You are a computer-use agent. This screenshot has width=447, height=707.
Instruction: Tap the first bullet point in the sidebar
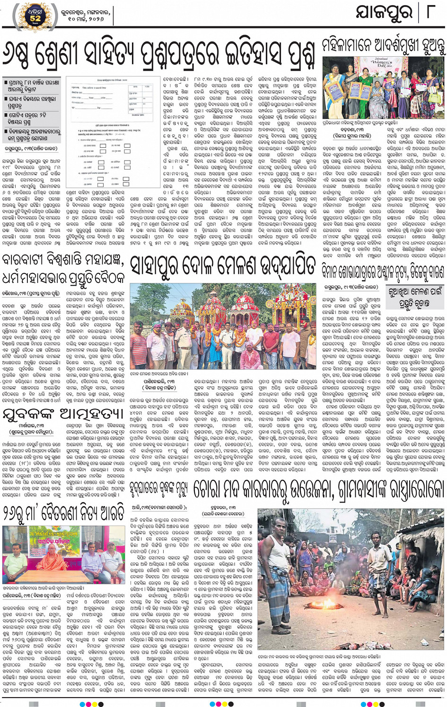coord(33,85)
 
